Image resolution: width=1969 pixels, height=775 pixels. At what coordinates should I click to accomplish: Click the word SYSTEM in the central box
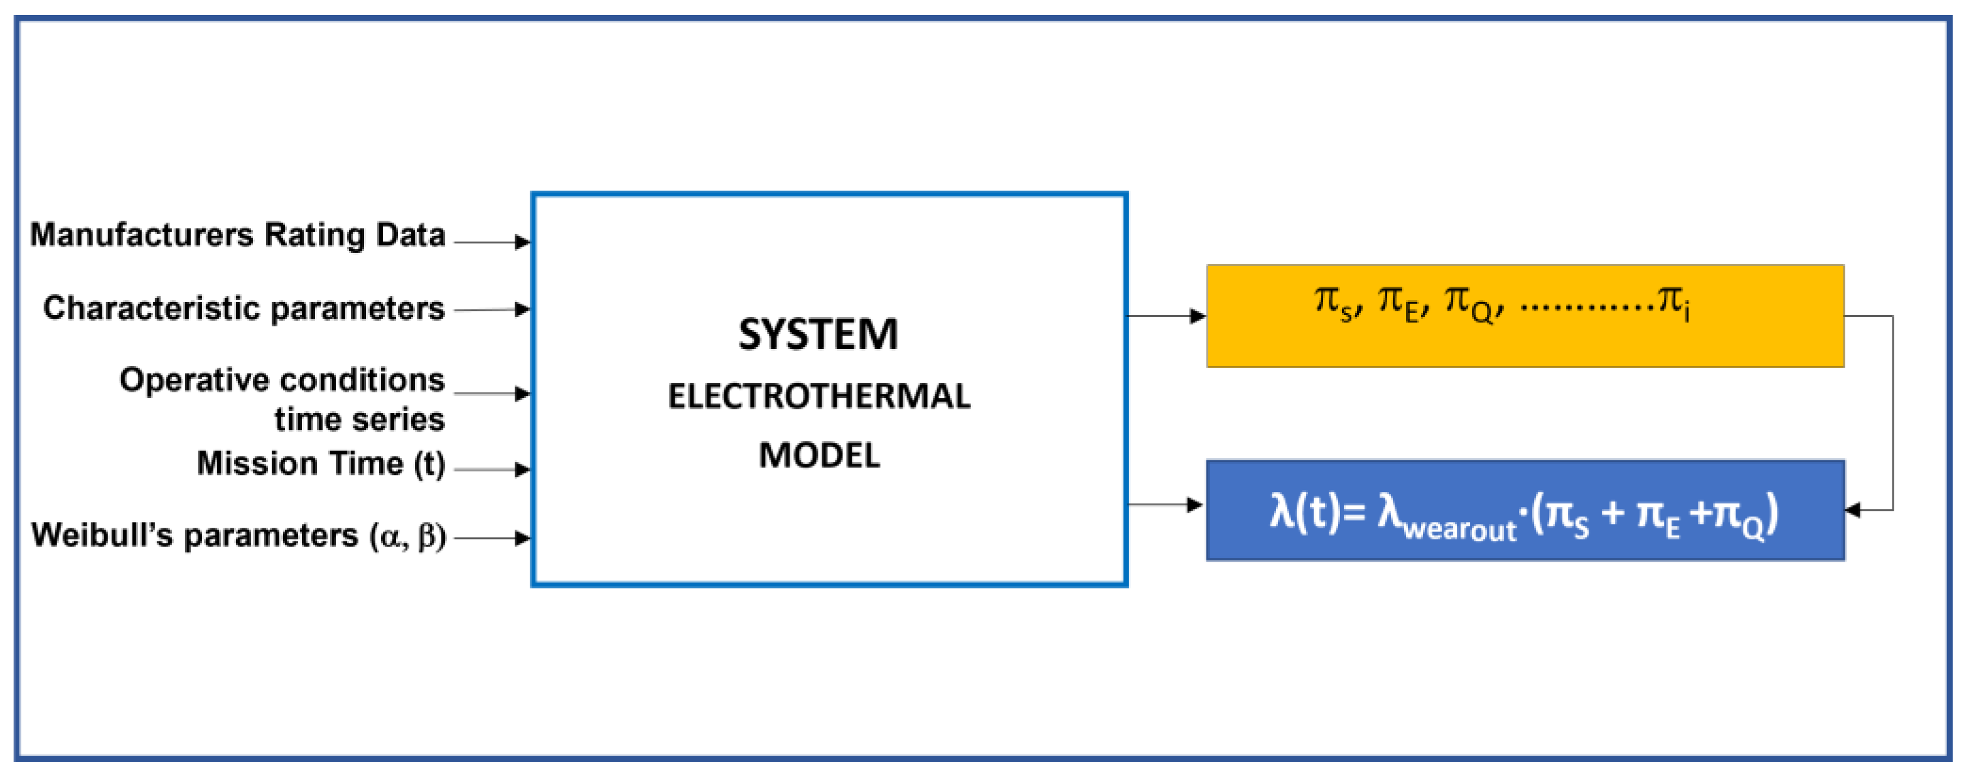(x=818, y=334)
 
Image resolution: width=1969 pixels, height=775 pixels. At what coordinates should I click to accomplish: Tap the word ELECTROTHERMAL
(x=818, y=397)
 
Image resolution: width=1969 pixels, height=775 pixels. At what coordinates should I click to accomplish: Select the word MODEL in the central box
(x=818, y=456)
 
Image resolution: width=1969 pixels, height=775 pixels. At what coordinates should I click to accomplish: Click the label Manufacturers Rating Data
(x=238, y=235)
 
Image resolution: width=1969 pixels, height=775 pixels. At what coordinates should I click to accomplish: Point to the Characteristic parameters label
(x=244, y=308)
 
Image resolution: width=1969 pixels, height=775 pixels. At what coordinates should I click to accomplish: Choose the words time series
(x=359, y=420)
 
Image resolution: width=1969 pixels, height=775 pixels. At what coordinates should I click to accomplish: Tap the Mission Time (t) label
(x=321, y=464)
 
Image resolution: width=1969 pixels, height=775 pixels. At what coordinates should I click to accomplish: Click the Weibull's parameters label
(x=238, y=535)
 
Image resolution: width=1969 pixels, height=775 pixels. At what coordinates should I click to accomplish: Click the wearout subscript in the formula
(x=1459, y=530)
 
